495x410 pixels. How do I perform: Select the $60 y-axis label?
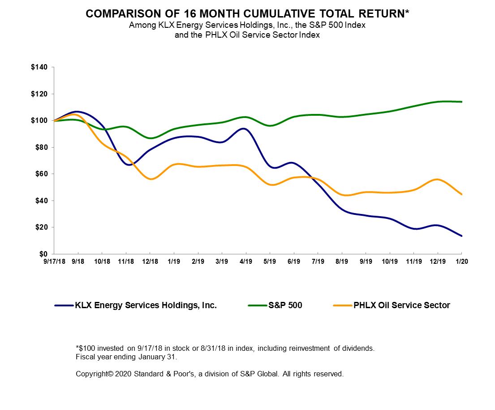(40, 174)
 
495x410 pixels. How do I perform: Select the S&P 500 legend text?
(285, 305)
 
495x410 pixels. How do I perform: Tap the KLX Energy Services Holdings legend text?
(146, 305)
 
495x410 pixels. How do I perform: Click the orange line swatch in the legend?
(344, 305)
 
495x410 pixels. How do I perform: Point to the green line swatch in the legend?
(257, 305)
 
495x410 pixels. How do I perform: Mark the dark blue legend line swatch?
(64, 305)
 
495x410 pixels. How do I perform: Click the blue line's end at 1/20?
(461, 236)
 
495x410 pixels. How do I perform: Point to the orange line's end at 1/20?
(461, 195)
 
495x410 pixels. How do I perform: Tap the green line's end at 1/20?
(461, 102)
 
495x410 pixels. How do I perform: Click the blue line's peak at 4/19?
(244, 129)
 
